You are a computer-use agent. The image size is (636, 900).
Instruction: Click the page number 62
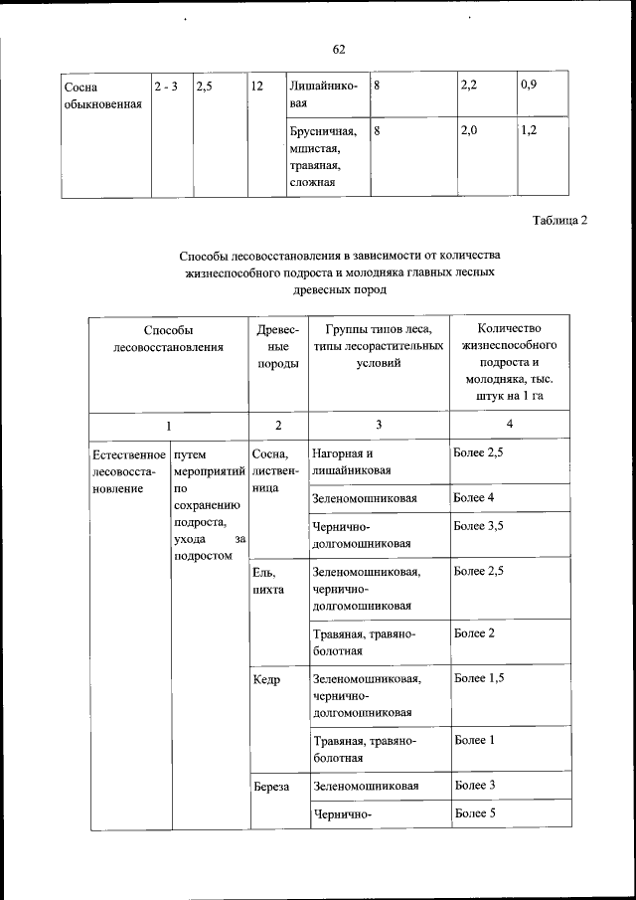(339, 49)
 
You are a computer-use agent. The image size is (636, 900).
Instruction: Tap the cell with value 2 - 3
(166, 87)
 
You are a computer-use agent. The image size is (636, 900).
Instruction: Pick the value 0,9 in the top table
(529, 87)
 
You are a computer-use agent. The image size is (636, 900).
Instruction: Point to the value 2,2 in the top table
(470, 87)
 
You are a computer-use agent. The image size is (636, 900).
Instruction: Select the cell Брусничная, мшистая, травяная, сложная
(315, 156)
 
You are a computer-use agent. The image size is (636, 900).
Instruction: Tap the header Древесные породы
(277, 347)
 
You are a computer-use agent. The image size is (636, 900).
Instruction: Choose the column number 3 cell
(378, 426)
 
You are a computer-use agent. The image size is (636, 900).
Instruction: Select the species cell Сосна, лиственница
(273, 471)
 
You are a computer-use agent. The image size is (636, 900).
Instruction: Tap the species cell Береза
(270, 786)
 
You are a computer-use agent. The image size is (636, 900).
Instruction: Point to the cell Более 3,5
(480, 525)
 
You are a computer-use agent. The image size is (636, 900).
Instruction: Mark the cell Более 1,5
(480, 678)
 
